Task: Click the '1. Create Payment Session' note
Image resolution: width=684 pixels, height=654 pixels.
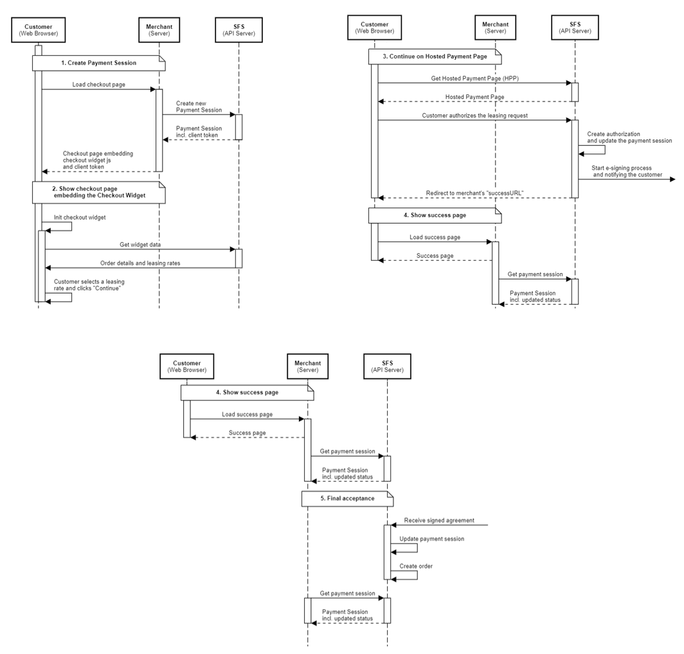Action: tap(98, 63)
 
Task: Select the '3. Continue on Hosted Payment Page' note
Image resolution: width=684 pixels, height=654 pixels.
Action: tap(435, 57)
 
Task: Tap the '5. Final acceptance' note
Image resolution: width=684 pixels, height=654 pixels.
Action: tap(347, 499)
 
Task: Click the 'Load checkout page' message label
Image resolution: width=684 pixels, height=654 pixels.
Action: tap(98, 85)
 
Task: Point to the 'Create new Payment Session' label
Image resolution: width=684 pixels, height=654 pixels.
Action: tap(199, 107)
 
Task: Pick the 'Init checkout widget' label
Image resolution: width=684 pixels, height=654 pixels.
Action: tap(80, 218)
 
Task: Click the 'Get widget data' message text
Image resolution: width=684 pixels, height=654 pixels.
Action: tap(140, 245)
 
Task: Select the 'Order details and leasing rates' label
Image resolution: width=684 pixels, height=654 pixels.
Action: tap(140, 263)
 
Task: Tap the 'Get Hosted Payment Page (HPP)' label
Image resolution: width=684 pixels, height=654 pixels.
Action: tap(474, 78)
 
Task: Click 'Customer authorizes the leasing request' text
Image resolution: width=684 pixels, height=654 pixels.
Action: tap(474, 116)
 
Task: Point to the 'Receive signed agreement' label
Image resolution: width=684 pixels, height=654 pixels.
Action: tap(439, 520)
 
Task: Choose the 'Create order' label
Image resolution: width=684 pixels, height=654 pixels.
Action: tap(416, 566)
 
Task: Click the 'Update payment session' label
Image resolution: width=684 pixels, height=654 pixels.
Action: tap(431, 539)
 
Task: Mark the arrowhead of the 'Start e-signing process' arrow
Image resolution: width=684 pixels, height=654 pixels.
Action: tap(672, 179)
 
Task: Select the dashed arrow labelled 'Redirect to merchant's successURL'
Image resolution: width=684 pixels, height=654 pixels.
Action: tap(474, 198)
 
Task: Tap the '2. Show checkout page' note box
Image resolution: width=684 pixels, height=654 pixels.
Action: tap(98, 192)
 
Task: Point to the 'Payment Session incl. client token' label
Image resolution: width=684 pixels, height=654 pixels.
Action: tap(199, 132)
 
